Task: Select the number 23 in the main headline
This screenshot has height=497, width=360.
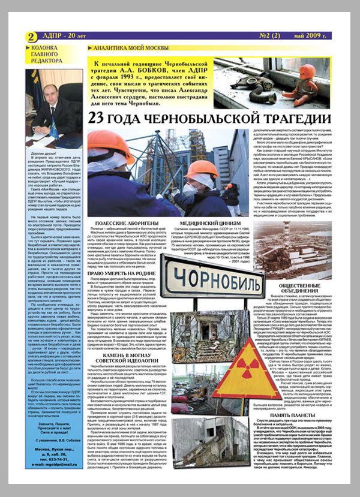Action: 97,118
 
